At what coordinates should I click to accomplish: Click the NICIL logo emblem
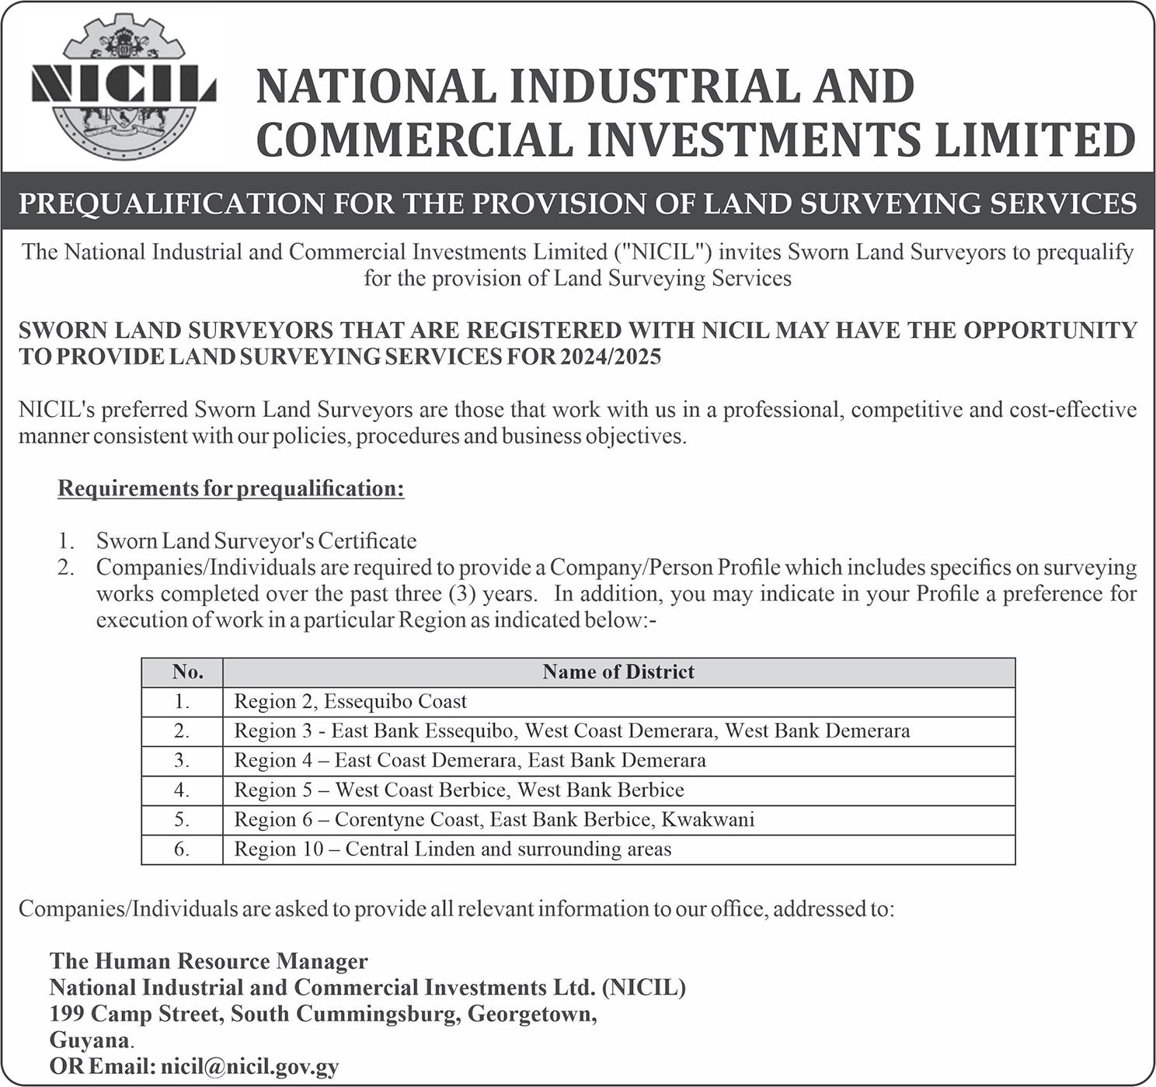[x=123, y=87]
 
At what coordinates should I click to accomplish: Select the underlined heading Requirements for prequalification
[x=231, y=488]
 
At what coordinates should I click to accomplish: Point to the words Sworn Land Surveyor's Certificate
[x=256, y=540]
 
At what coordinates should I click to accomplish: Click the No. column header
[x=187, y=672]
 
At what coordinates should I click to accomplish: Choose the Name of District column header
[x=618, y=672]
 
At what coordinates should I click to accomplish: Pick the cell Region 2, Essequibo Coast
[x=350, y=701]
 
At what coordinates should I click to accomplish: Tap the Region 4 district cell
[x=470, y=760]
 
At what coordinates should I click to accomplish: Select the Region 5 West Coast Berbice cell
[x=459, y=790]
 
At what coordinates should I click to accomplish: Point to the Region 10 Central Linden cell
[x=453, y=849]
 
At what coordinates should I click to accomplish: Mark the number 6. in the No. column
[x=182, y=849]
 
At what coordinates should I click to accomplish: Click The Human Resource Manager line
[x=209, y=961]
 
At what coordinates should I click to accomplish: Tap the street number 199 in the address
[x=67, y=1013]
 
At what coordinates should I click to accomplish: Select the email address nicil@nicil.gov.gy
[x=249, y=1066]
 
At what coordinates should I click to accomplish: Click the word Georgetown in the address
[x=531, y=1013]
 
